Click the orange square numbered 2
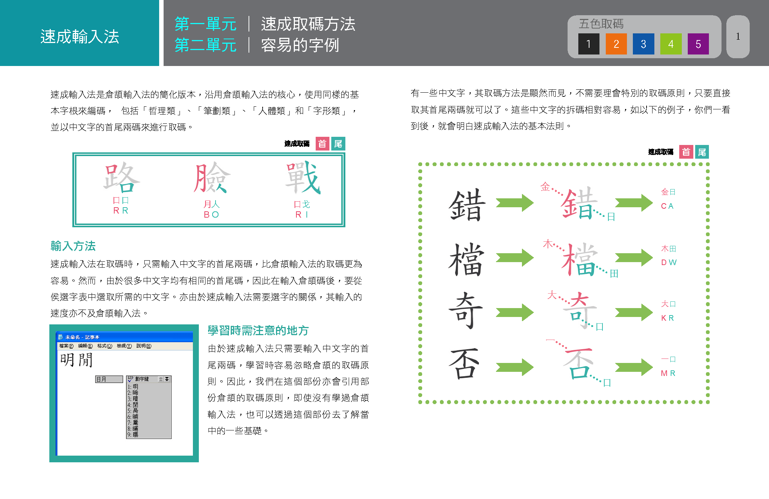point(616,44)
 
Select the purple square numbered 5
point(698,44)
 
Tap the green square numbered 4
point(671,44)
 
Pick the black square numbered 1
point(589,44)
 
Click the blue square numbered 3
point(643,44)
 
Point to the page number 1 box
point(737,37)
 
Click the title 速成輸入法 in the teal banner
point(80,37)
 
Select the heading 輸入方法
point(73,246)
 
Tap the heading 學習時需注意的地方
point(258,330)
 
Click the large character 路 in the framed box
point(121,178)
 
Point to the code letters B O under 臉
point(211,215)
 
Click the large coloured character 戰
point(302,178)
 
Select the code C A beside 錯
point(667,206)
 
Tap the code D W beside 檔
point(668,262)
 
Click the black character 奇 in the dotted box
point(466,311)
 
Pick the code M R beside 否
point(668,373)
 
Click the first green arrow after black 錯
point(515,203)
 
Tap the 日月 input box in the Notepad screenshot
point(109,379)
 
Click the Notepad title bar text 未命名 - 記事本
point(82,337)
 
